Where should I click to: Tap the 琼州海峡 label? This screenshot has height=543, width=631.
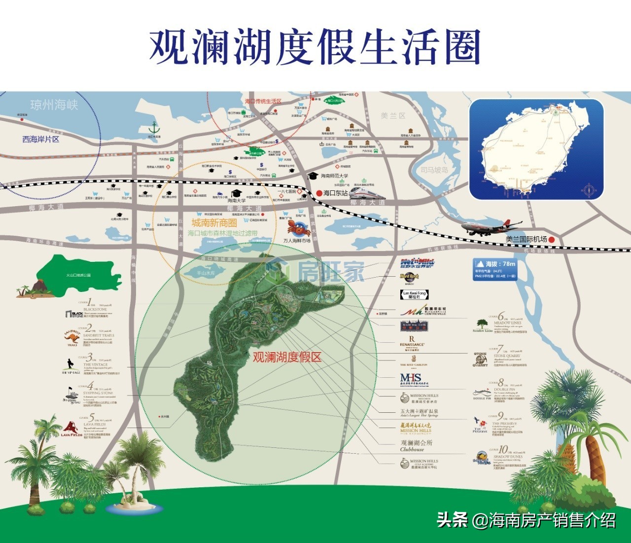point(54,105)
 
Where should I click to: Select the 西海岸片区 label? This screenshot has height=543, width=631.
point(41,139)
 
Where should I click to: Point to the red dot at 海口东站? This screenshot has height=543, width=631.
point(319,193)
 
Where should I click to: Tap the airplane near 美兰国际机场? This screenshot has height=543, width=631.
point(486,227)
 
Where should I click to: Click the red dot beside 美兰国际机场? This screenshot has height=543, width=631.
point(552,240)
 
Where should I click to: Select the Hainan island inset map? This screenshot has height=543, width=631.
point(536,149)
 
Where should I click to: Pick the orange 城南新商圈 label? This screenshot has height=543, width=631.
point(214,223)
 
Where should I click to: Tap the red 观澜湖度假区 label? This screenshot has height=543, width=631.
point(287,357)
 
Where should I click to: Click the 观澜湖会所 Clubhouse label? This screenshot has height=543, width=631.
point(416,445)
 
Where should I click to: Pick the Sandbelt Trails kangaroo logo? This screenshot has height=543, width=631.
point(72,337)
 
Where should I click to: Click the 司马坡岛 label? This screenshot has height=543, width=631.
point(434,170)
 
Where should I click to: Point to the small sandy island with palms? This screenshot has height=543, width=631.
point(134,504)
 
